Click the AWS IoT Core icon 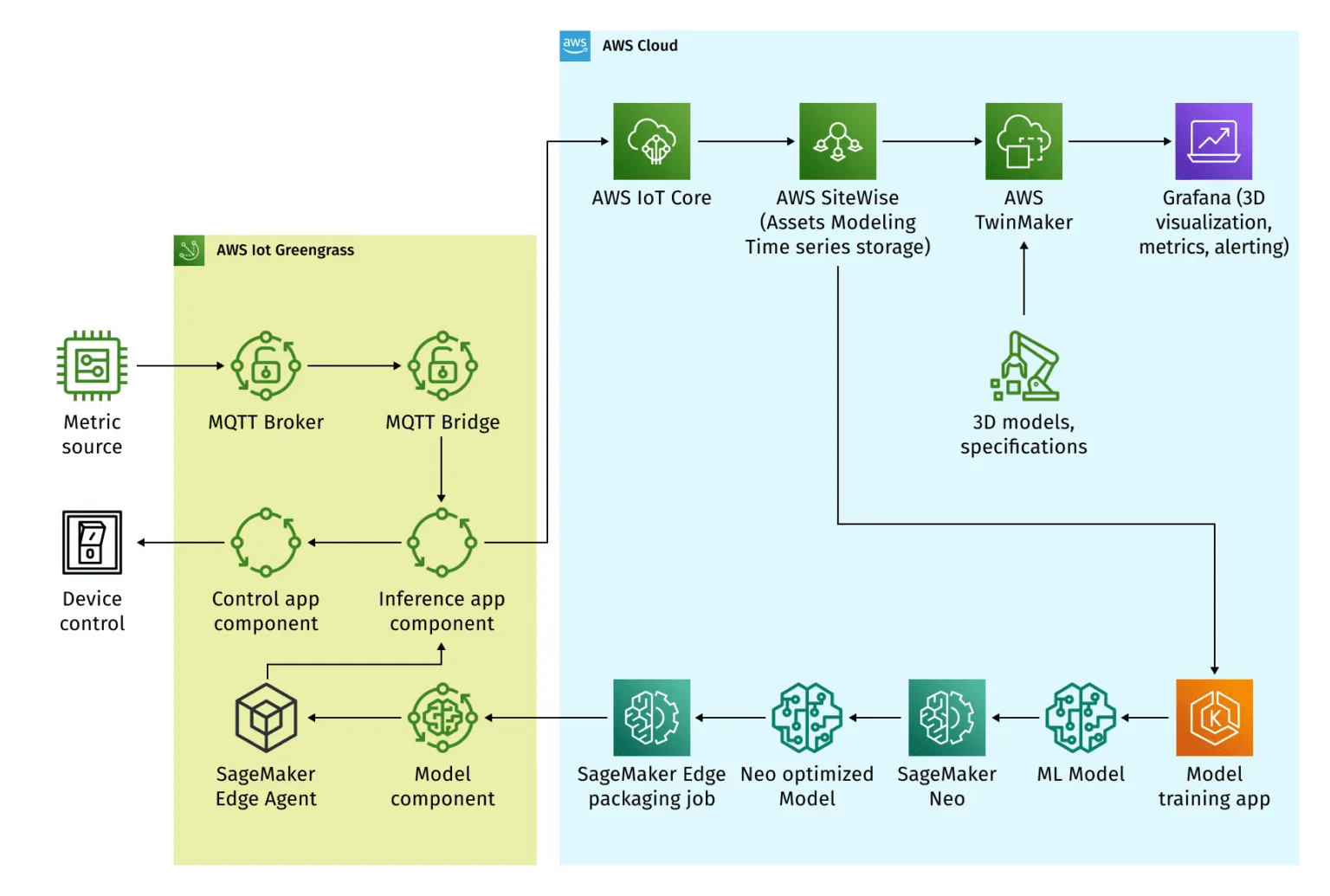pos(651,141)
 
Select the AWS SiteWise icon pos(837,141)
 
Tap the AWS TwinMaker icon pos(1023,141)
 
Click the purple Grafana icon pos(1213,141)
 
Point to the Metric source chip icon pos(92,365)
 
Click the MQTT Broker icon pos(266,365)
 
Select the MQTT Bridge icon pos(442,365)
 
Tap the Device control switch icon pos(92,543)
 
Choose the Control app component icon pos(266,543)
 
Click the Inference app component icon pos(442,543)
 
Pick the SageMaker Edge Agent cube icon pos(266,718)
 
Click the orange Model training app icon pos(1214,718)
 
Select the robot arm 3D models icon pos(1024,366)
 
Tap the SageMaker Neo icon pos(946,718)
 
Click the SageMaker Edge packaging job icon pos(651,718)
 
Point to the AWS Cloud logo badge pos(575,46)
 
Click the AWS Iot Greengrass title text pos(285,250)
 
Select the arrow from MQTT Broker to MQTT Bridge pos(354,365)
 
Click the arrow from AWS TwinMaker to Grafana pos(1119,141)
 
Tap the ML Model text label pos(1081,774)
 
